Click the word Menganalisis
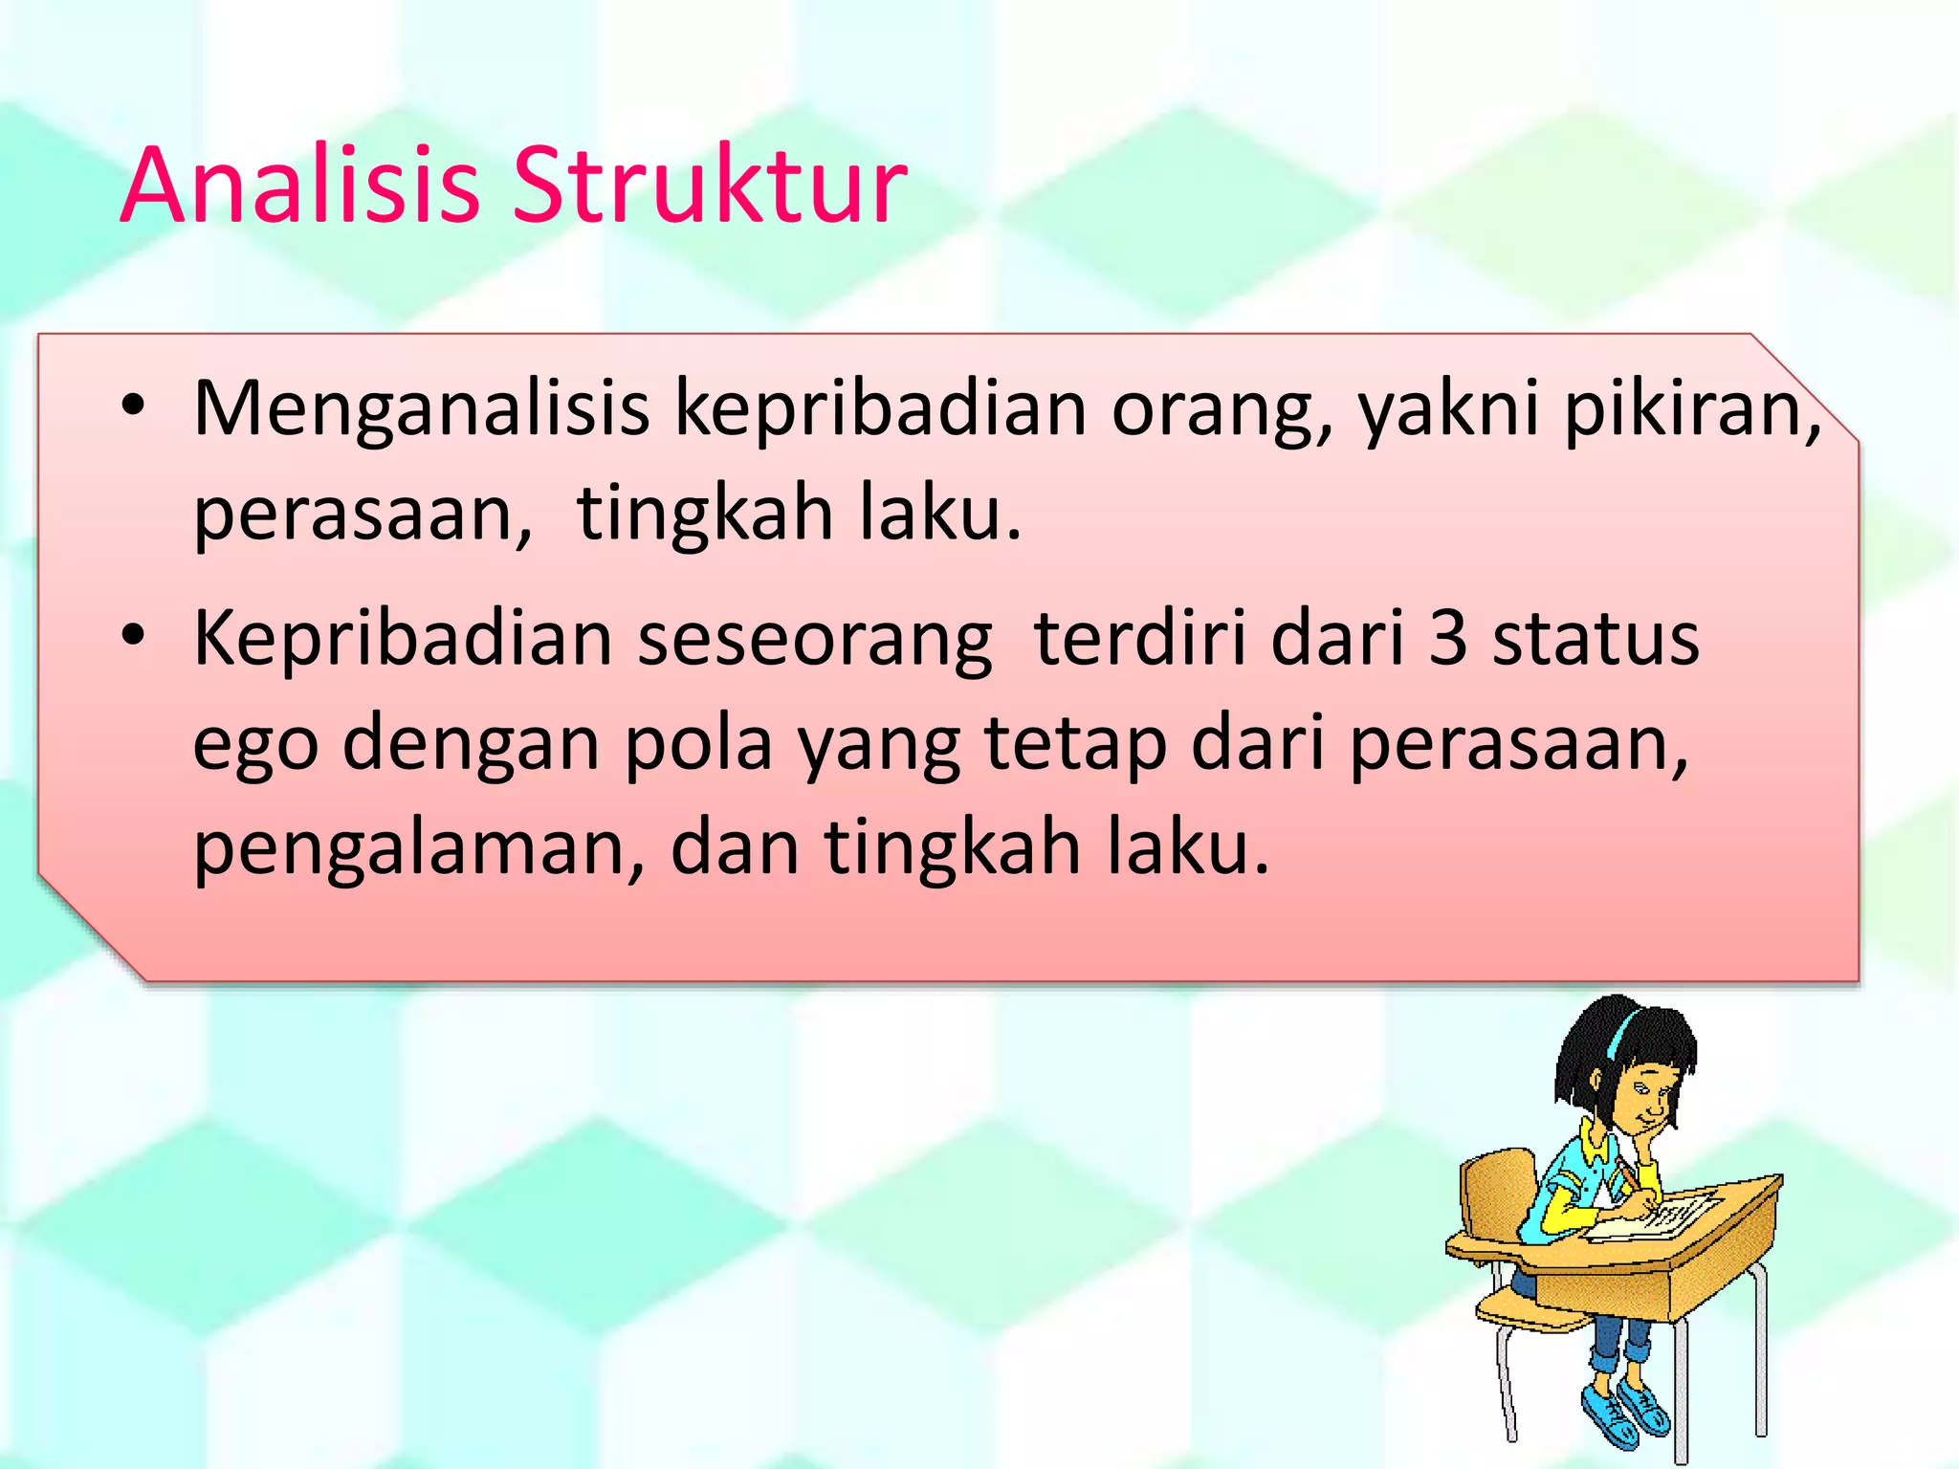pos(422,409)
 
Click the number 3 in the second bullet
pos(1447,639)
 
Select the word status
pos(1596,639)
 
